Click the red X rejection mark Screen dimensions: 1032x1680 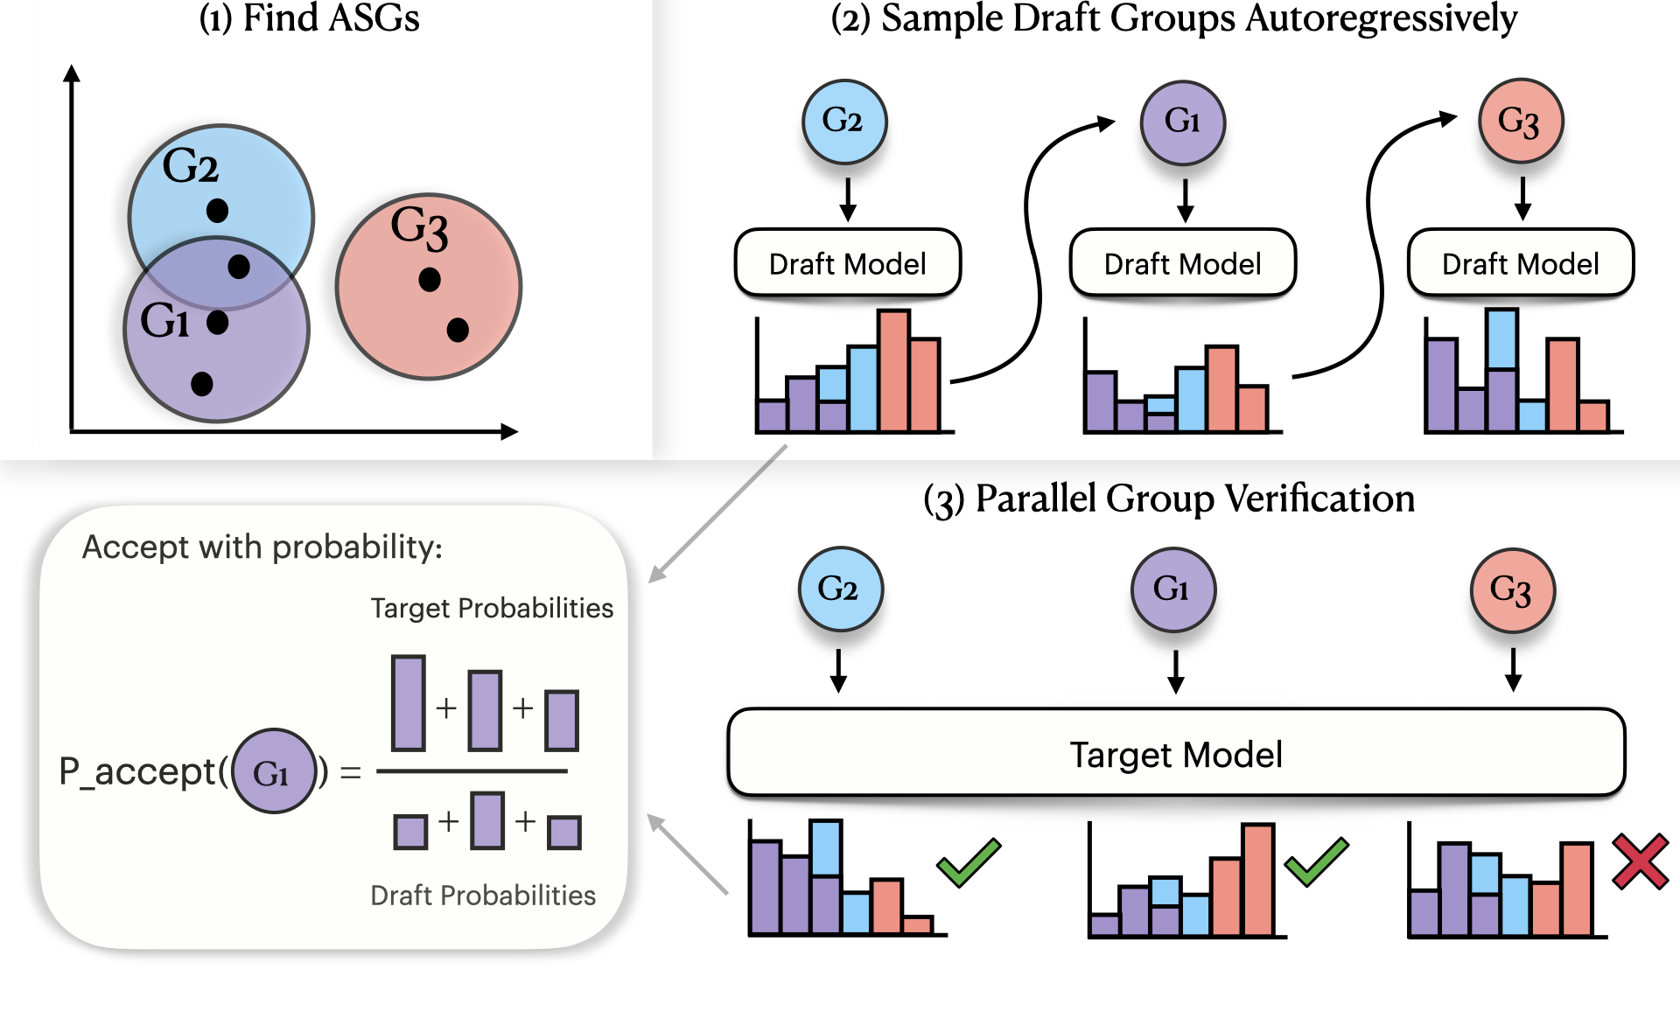1640,862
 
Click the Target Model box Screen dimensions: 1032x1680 1176,754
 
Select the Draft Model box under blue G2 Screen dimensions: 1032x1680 847,263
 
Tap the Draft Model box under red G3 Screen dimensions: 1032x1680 1520,263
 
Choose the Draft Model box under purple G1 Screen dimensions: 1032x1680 1182,263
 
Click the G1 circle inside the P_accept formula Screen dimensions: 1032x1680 274,771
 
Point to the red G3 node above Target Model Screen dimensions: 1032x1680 1512,590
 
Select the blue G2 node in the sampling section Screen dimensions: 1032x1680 843,122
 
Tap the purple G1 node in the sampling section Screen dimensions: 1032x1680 1182,122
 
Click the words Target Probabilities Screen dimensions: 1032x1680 492,608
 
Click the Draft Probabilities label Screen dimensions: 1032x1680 483,896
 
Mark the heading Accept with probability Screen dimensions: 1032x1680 262,547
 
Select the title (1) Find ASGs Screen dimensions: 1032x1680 310,19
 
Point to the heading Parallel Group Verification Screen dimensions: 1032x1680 1169,499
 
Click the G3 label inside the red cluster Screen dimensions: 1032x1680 419,227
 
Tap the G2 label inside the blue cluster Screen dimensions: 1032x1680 191,166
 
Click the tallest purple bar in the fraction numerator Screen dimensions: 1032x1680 409,703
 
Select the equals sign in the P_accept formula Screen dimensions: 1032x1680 351,773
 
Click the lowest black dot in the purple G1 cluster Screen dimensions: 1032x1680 202,383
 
